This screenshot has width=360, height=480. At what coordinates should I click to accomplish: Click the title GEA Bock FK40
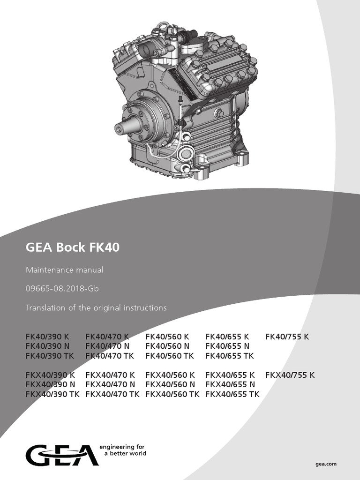click(72, 247)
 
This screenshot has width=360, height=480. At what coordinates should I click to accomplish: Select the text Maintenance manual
click(64, 270)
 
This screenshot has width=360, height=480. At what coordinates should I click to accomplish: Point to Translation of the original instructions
click(96, 308)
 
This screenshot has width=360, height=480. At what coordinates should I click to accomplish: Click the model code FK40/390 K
click(47, 337)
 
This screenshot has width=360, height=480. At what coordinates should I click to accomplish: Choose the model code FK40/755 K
click(287, 337)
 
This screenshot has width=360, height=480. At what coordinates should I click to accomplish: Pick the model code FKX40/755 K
click(290, 375)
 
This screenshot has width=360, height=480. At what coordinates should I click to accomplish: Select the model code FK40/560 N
click(167, 346)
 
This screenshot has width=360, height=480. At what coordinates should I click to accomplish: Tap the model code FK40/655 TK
click(230, 356)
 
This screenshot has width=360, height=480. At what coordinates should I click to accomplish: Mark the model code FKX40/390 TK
click(52, 394)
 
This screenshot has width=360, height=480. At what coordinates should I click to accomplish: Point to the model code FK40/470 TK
click(110, 356)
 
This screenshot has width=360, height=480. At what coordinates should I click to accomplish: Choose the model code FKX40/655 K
click(230, 375)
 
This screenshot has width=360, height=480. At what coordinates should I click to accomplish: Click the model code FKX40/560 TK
click(172, 394)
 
